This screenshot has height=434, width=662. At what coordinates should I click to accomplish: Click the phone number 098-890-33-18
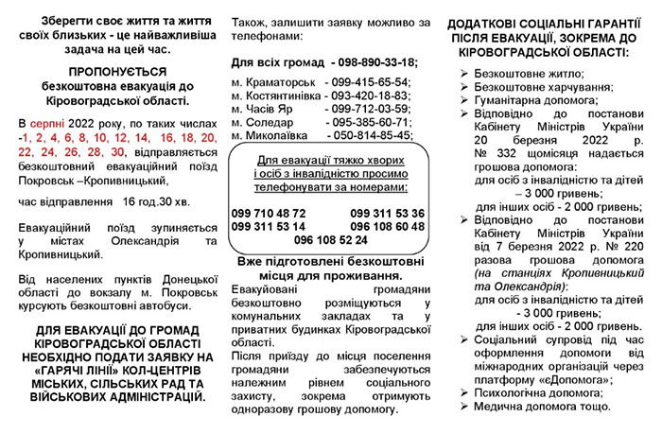coord(365,61)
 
